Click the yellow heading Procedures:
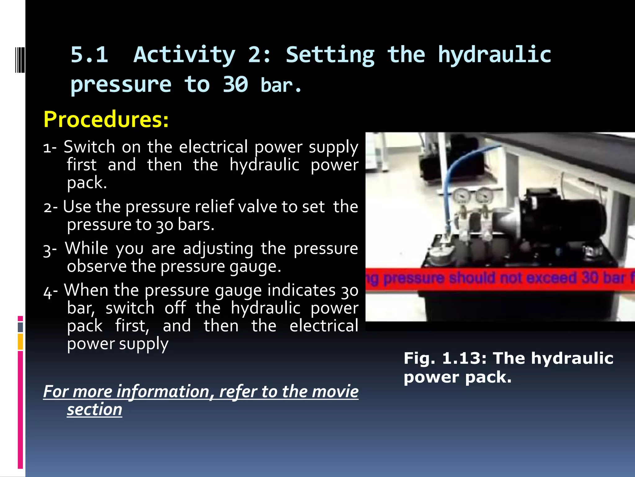[106, 120]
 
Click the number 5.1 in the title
[89, 55]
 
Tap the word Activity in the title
[184, 55]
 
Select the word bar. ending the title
[281, 85]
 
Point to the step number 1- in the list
[50, 148]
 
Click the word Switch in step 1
[89, 147]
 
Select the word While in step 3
[87, 248]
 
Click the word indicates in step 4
[301, 290]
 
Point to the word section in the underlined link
[95, 409]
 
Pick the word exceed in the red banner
[551, 277]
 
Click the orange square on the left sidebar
[20, 342]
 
